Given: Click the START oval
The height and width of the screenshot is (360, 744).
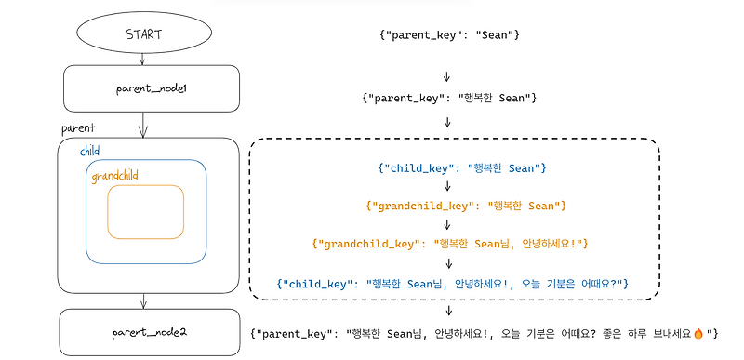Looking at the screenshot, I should click(x=142, y=35).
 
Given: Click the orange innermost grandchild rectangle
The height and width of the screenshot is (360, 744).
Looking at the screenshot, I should click(x=145, y=211).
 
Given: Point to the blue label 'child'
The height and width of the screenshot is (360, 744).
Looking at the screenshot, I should click(x=90, y=151).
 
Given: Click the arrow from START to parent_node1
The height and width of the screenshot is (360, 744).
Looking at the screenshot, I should click(x=142, y=60).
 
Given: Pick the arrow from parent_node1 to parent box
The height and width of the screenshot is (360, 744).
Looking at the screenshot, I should click(x=142, y=123).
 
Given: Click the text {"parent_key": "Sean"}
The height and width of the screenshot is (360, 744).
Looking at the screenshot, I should click(x=448, y=34).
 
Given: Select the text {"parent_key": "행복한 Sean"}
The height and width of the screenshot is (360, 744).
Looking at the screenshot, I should click(x=448, y=97).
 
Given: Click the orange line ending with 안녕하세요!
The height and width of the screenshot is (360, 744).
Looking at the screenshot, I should click(x=449, y=244).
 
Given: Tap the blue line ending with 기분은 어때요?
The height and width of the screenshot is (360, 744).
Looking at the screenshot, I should click(x=455, y=282).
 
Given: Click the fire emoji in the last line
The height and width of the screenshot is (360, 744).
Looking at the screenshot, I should click(x=698, y=332).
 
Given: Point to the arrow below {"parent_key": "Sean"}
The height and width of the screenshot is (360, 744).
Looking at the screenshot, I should click(x=447, y=75).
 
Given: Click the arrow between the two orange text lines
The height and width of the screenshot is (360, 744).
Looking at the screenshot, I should click(x=447, y=224).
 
